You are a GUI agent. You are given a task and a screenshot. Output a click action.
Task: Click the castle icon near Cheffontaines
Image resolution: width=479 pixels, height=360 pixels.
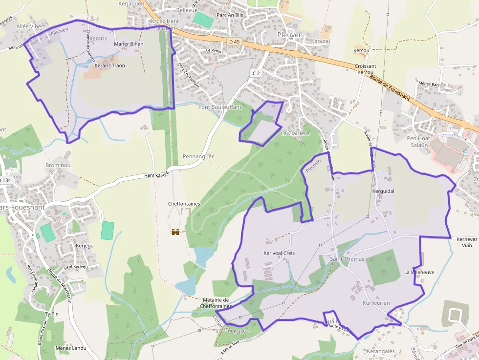[175, 232]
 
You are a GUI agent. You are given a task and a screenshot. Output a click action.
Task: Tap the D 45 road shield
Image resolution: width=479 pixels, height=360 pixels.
[234, 42]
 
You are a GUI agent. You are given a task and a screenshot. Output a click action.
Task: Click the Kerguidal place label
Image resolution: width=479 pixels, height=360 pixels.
[383, 191]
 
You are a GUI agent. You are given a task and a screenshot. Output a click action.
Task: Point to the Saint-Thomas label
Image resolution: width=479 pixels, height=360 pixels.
[348, 258]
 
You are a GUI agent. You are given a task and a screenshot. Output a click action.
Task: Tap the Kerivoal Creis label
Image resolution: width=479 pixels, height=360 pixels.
[279, 253]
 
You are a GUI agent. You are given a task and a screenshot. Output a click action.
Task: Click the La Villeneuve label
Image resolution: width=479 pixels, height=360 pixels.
[419, 272]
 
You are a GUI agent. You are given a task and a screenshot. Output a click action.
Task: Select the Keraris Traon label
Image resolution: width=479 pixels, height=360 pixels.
[109, 65]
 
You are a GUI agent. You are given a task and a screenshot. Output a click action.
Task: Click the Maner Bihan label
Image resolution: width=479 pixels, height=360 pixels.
[129, 44]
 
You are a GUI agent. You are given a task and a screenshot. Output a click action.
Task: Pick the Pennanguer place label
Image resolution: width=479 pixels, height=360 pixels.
[198, 156]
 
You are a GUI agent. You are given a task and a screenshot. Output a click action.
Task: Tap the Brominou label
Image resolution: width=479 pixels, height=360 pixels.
[58, 165]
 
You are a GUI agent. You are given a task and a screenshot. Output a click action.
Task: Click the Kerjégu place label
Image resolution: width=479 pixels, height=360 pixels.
[85, 245]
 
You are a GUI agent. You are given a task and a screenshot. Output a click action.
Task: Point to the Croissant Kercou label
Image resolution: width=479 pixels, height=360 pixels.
[366, 69]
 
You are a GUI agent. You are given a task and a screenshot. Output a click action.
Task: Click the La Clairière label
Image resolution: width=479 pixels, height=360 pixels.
[295, 133]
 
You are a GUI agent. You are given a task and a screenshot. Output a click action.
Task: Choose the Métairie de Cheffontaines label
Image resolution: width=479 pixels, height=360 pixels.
[215, 303]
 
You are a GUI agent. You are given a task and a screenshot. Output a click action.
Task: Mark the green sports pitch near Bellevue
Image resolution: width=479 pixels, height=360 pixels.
[203, 20]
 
